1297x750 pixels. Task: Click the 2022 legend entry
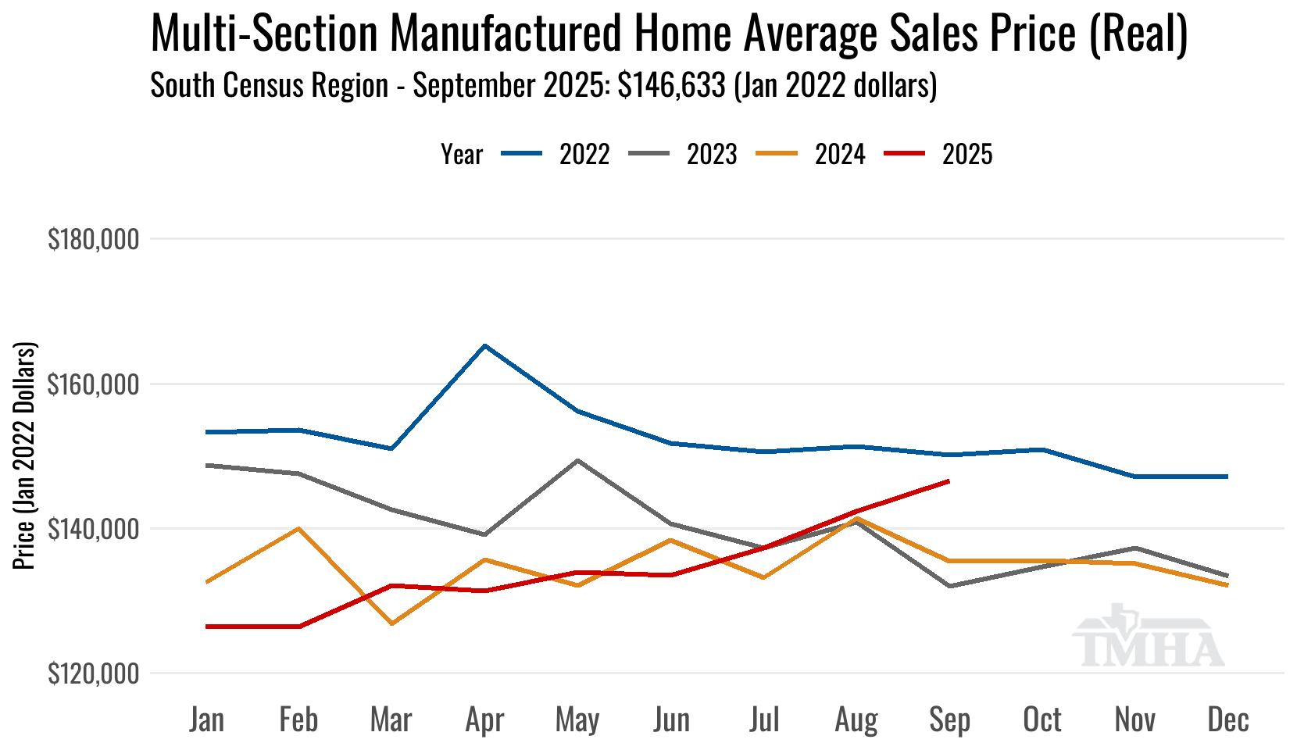coord(583,155)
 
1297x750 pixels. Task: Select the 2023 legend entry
coord(711,155)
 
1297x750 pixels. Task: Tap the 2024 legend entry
coord(839,155)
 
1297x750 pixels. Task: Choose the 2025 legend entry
coord(966,155)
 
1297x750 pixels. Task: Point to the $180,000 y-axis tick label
coord(94,239)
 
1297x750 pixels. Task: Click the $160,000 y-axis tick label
coord(94,384)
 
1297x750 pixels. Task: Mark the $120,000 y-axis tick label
coord(94,673)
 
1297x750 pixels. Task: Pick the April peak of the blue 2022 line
coord(485,345)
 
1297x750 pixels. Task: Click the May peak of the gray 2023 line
coord(577,460)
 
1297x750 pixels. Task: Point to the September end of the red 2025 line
coord(949,481)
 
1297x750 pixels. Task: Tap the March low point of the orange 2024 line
coord(391,623)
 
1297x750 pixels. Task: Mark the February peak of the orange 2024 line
coord(298,528)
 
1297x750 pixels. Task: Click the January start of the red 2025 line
coord(206,627)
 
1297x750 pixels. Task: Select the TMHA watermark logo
coord(1147,637)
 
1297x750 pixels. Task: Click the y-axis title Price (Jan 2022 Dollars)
coord(25,455)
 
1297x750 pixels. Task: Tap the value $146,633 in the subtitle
coord(672,85)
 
